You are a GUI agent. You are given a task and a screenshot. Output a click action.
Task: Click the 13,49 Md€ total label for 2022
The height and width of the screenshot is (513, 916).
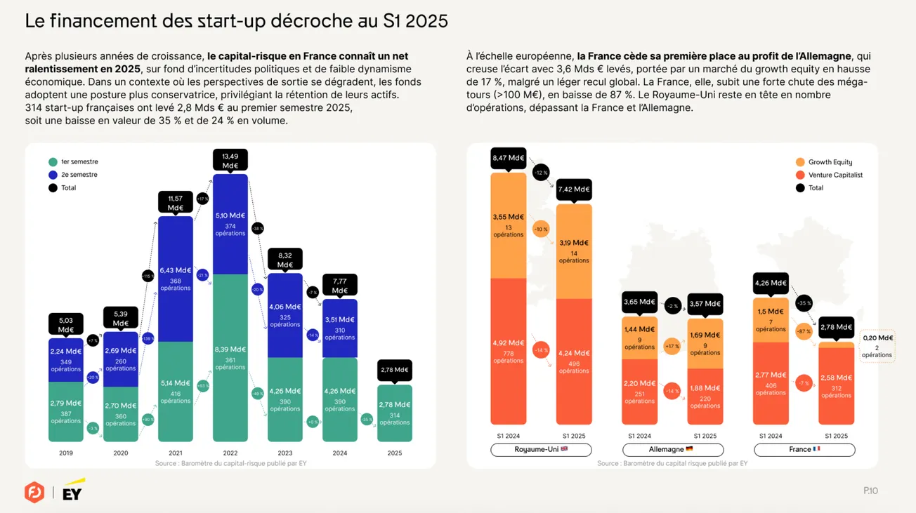(230, 160)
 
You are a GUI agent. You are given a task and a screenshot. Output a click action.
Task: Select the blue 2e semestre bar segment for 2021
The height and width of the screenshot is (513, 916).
(176, 279)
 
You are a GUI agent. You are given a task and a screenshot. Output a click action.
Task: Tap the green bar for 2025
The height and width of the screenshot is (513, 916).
(395, 413)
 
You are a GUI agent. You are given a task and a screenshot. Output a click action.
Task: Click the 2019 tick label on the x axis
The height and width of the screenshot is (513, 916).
(66, 453)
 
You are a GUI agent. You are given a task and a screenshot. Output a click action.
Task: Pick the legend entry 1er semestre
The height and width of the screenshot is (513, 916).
(73, 162)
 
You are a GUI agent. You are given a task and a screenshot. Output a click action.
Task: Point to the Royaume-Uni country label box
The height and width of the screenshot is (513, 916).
(541, 449)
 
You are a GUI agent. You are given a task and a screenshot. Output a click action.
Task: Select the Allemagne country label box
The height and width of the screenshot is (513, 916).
(672, 449)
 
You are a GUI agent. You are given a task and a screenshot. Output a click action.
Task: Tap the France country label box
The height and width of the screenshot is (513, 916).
(804, 449)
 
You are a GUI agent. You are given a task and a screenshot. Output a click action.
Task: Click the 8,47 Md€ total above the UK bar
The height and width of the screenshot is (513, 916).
(508, 159)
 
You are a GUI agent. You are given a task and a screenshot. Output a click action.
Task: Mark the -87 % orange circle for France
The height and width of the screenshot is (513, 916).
(804, 331)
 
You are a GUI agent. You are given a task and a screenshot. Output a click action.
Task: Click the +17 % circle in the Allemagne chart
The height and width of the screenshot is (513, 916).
(672, 346)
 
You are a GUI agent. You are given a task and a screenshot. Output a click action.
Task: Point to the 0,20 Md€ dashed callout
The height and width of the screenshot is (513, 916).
(877, 345)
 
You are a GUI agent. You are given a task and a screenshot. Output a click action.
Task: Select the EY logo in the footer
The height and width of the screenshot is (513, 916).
(73, 491)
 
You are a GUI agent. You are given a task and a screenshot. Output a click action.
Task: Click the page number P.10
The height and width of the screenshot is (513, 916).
(870, 491)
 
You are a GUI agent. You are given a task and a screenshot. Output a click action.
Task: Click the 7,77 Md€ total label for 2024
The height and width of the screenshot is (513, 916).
(340, 285)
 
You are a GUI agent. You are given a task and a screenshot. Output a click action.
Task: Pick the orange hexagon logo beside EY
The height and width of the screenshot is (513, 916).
(34, 492)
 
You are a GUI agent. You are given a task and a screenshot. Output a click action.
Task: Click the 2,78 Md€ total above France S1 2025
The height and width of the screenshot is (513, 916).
(836, 327)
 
